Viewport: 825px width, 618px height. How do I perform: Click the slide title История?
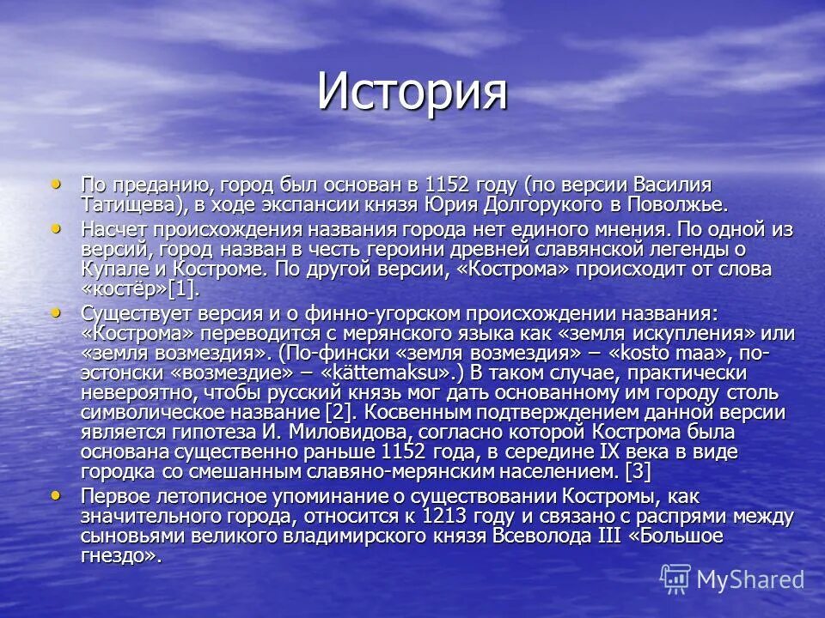point(412,91)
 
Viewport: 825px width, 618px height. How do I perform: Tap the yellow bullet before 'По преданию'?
point(57,183)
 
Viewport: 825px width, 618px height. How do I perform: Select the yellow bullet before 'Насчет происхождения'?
point(57,227)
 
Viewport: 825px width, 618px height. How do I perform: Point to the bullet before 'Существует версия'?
point(57,311)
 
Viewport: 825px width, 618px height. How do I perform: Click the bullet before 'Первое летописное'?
point(57,494)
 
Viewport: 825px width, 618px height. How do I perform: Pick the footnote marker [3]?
point(638,472)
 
